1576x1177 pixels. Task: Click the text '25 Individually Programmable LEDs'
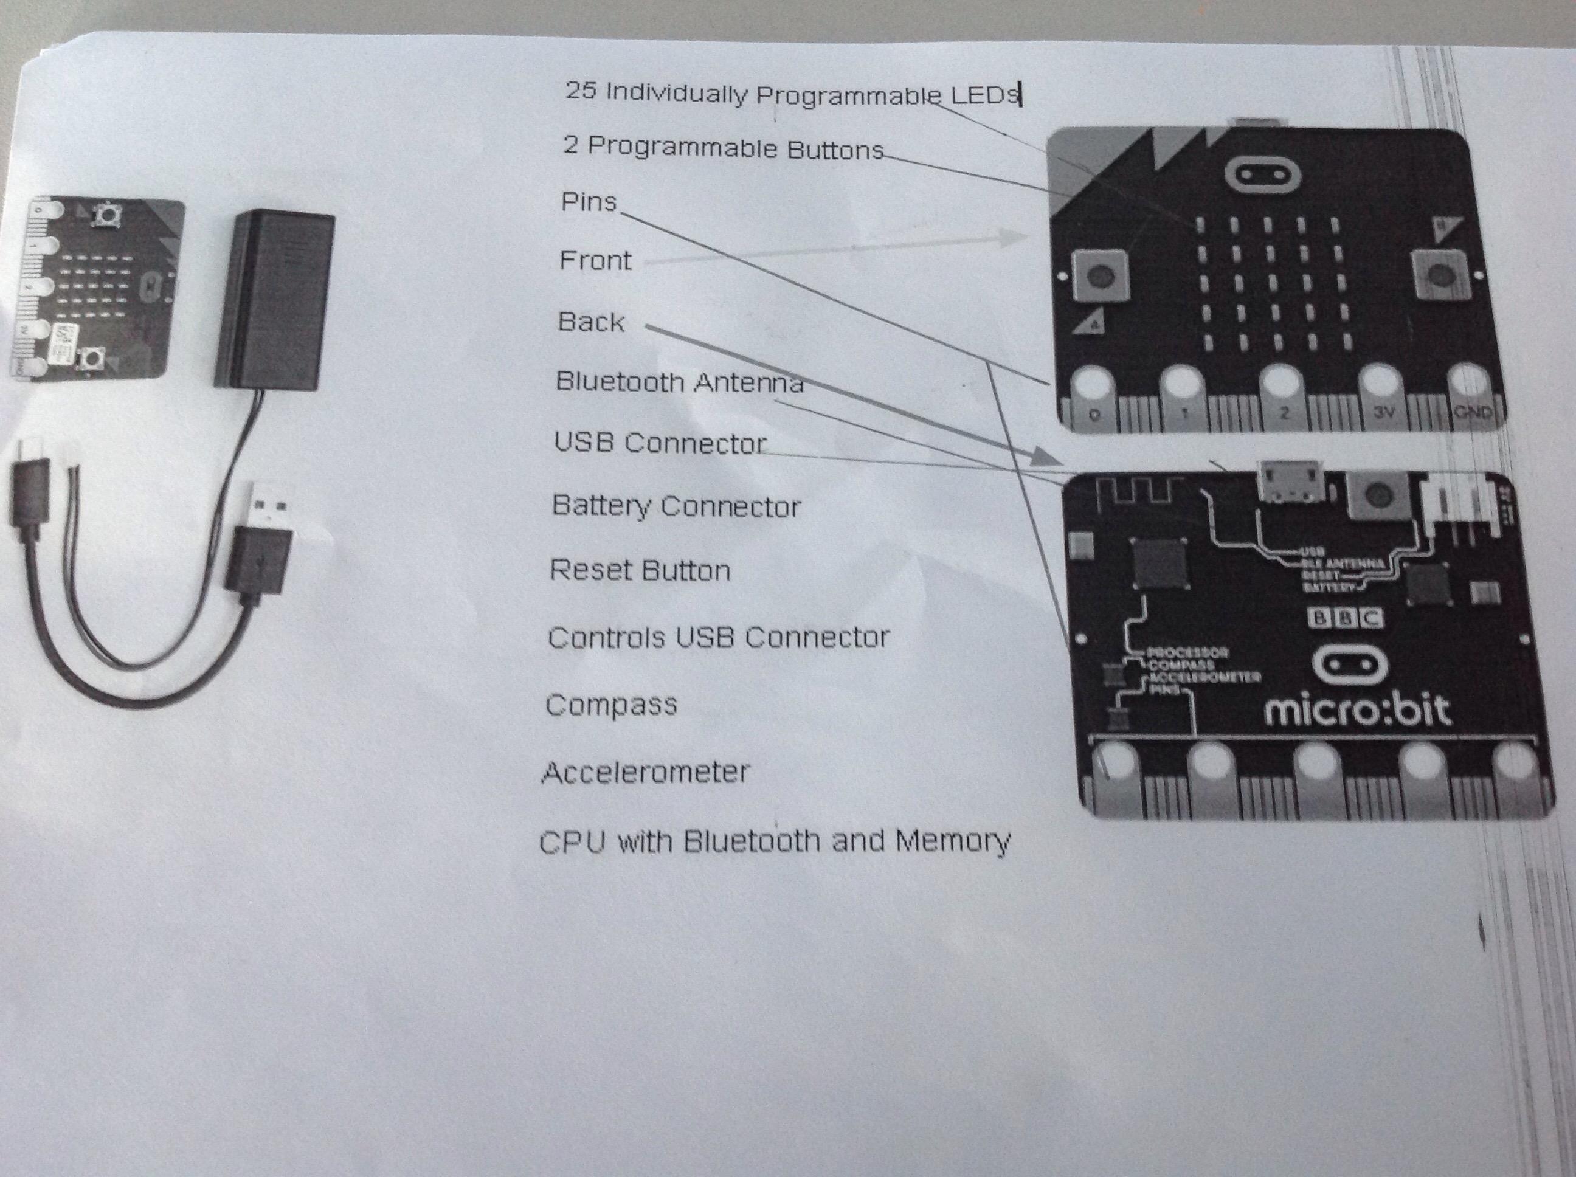pos(792,94)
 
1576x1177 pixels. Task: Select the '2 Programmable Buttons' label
pos(722,148)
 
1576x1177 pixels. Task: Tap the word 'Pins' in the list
pos(589,202)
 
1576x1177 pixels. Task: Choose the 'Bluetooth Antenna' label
pos(679,382)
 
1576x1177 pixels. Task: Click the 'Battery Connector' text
pos(676,506)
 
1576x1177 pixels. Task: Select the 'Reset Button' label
pos(640,571)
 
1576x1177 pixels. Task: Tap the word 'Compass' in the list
pos(611,705)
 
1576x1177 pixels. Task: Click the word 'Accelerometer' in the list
pos(646,772)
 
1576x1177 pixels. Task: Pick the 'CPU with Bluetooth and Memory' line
pos(775,841)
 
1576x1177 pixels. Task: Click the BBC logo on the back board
pos(1345,618)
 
